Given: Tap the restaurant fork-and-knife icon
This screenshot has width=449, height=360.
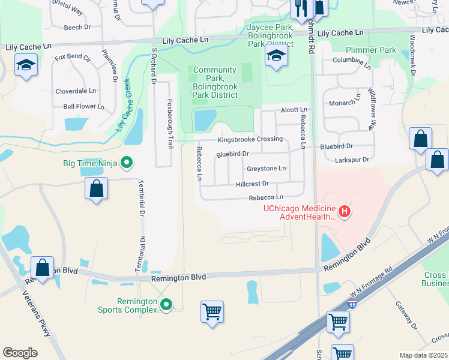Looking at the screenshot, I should (x=300, y=7).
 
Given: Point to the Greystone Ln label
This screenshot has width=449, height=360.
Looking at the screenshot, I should (x=267, y=169).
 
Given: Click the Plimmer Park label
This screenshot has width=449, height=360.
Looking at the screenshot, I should (x=371, y=50).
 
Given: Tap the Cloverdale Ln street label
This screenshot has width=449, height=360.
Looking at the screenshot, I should (x=76, y=91).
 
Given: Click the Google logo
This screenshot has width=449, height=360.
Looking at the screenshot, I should (x=20, y=352).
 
